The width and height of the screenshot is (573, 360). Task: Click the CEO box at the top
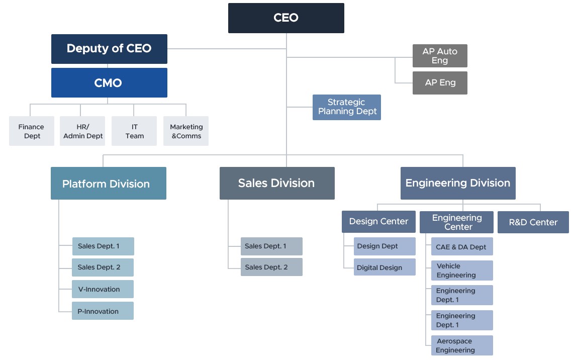286,18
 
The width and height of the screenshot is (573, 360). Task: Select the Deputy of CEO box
109,49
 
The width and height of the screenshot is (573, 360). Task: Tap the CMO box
109,82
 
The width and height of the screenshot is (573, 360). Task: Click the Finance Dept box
32,131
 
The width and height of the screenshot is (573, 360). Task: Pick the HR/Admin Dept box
83,131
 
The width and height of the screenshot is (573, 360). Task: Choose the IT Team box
134,131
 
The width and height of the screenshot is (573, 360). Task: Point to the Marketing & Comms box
186,131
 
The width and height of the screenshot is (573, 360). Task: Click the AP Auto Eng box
440,56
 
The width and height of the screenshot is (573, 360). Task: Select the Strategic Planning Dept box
347,107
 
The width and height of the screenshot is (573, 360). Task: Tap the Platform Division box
109,184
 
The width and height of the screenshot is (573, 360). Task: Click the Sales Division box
277,183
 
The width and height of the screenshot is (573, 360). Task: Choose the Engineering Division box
458,183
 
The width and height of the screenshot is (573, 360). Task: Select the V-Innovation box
103,289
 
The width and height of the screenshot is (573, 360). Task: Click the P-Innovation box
103,311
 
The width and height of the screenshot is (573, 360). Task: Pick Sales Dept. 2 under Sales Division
271,267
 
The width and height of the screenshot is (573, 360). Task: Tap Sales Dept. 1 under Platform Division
103,246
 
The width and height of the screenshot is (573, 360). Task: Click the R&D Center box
533,222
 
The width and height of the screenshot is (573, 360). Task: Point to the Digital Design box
385,267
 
